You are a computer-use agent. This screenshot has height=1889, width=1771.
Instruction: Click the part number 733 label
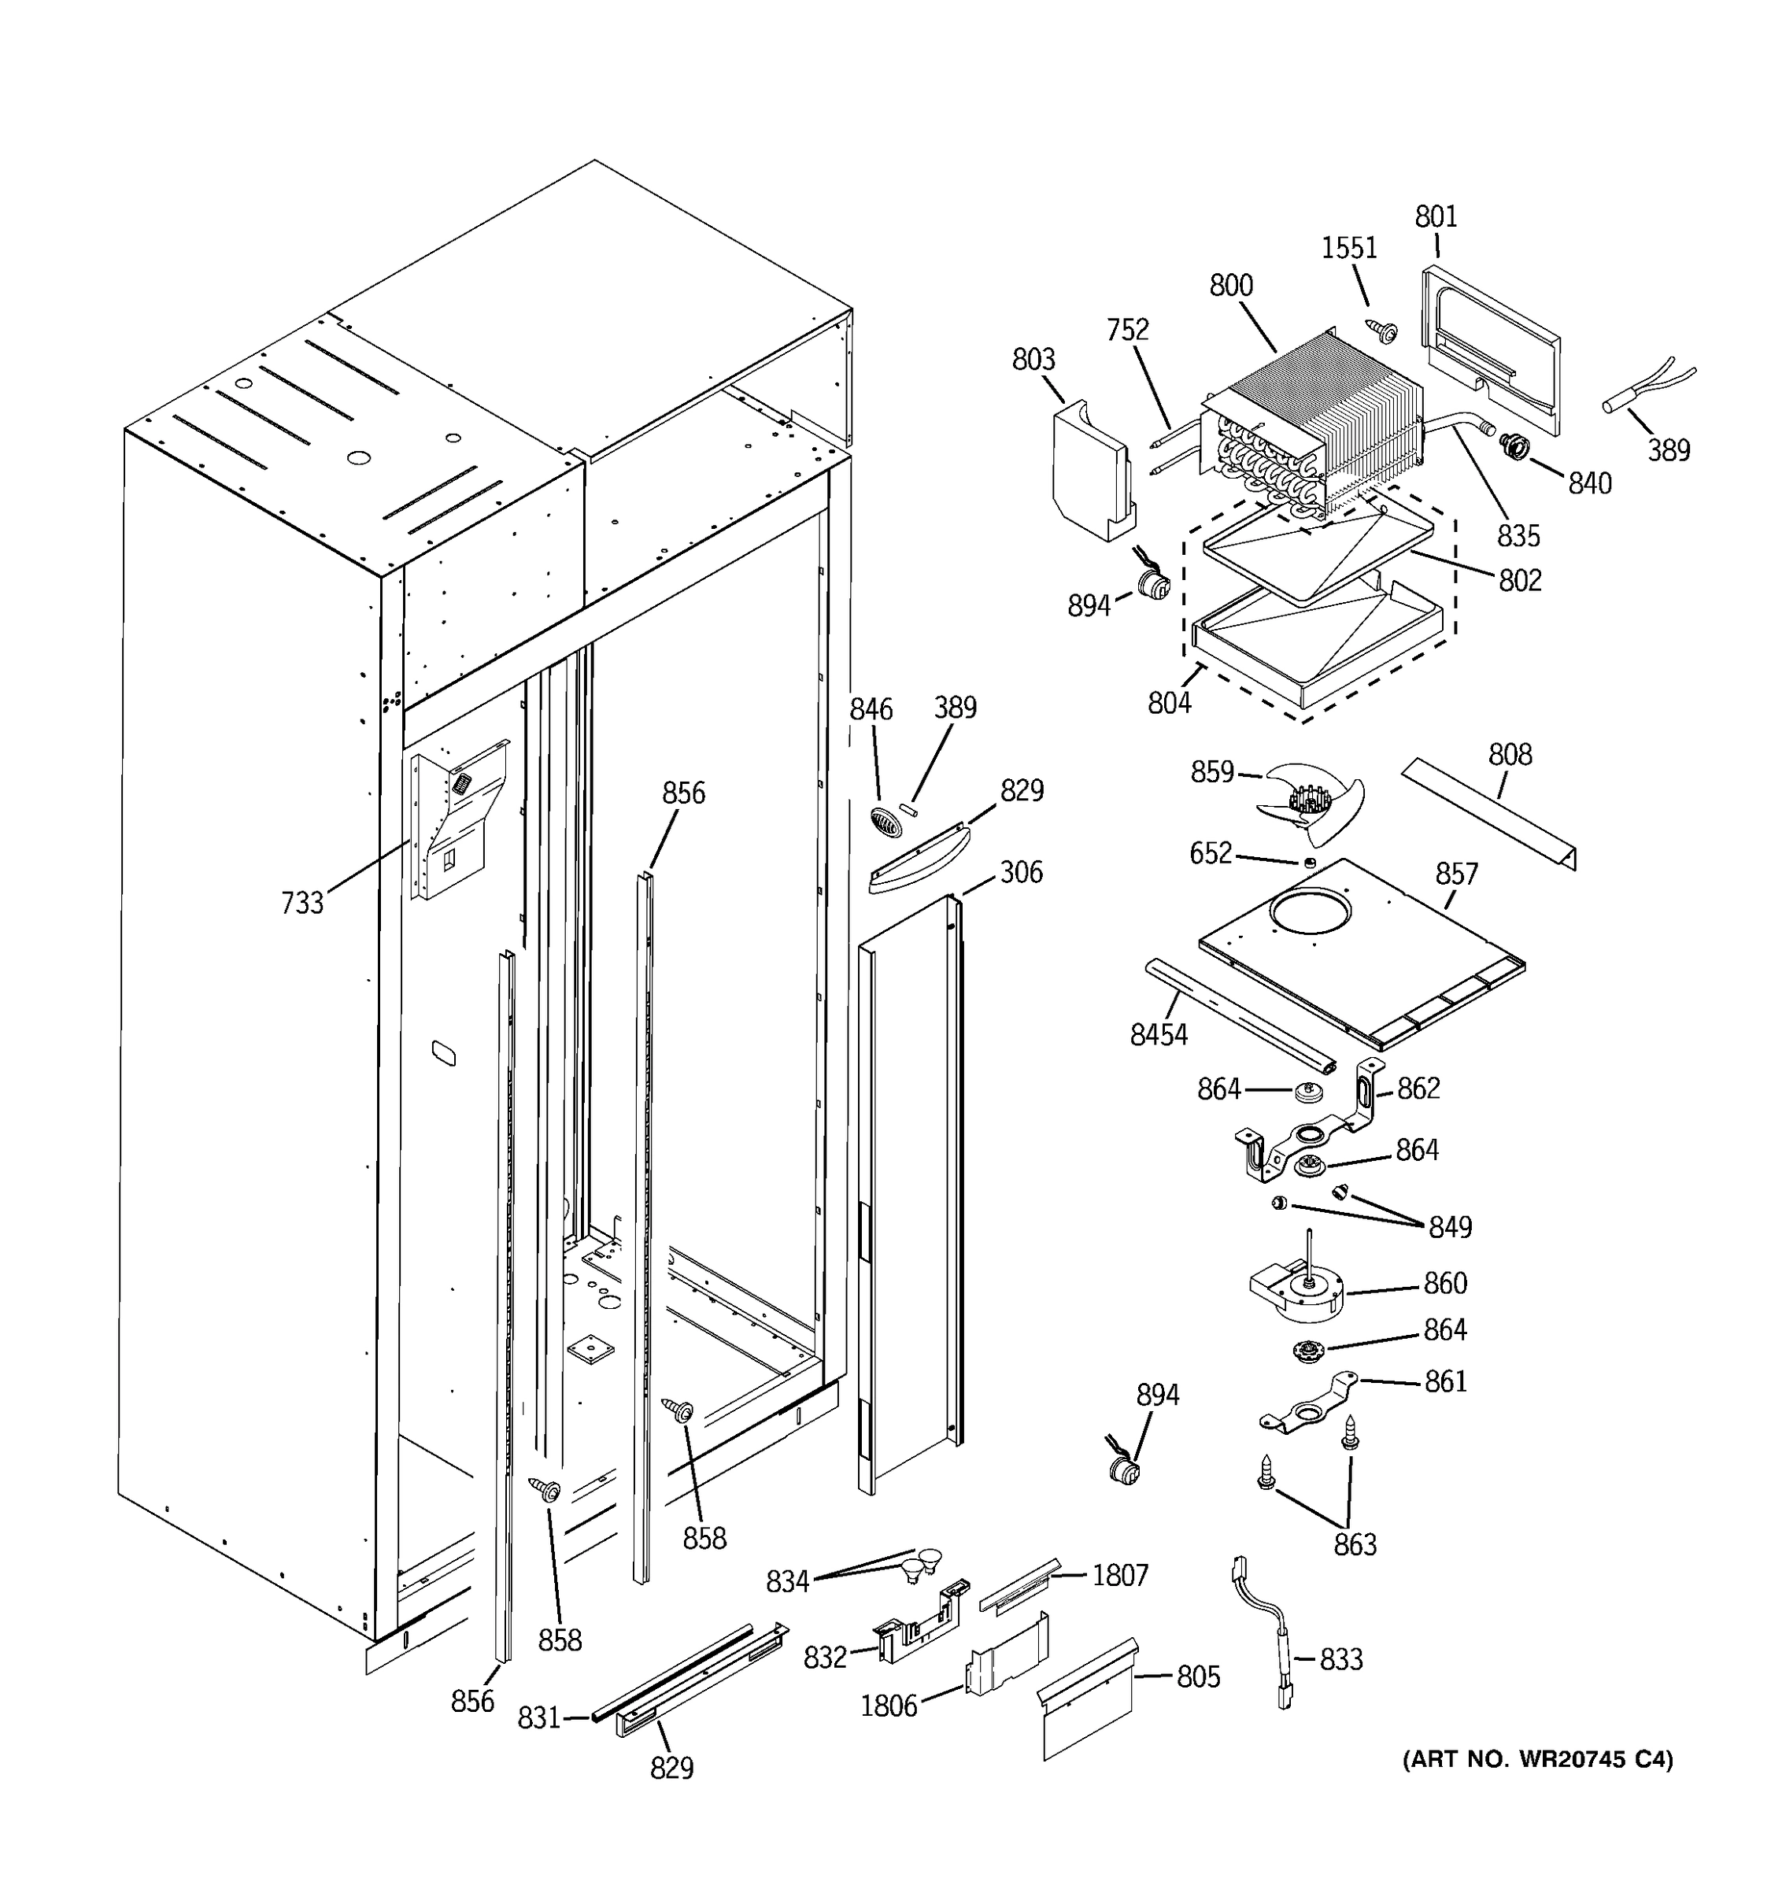302,903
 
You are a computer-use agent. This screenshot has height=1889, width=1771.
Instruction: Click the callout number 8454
1158,1035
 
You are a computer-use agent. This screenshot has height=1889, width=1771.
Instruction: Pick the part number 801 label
1436,216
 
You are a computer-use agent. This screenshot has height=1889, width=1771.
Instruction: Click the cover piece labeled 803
1091,471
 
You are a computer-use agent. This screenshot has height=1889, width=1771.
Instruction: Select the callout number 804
1169,703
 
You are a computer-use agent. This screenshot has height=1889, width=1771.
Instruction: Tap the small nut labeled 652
1308,863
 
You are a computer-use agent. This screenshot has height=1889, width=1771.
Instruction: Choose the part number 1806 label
889,1706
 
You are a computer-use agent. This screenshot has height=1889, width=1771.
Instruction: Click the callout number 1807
1120,1576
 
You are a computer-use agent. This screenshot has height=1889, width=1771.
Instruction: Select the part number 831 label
538,1718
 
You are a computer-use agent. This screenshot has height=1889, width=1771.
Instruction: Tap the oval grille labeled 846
885,821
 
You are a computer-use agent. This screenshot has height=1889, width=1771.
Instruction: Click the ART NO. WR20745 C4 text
1537,1759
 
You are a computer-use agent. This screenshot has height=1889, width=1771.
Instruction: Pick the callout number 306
1022,872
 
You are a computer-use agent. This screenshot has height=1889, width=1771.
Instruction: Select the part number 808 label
1510,755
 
